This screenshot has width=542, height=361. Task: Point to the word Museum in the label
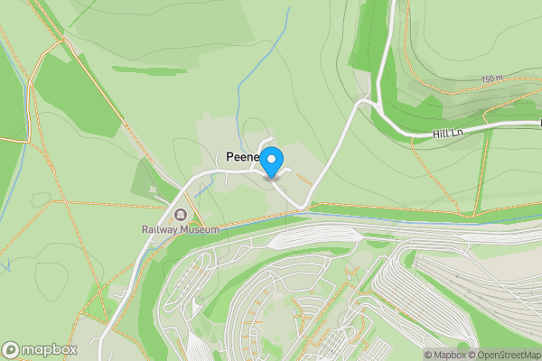201,230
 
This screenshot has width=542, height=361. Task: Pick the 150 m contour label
492,79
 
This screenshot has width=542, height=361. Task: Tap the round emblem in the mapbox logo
12,349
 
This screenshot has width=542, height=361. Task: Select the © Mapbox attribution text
447,355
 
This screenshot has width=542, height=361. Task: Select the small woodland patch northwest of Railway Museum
145,175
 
